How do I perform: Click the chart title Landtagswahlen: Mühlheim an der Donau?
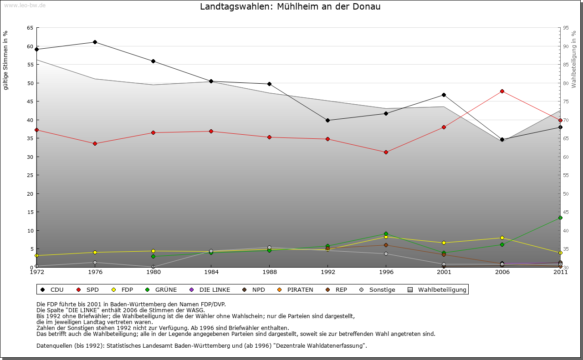290,7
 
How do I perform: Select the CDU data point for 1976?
95,42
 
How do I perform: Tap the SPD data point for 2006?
502,91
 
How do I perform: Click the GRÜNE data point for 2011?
560,218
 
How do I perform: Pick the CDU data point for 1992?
327,120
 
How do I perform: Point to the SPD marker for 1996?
386,152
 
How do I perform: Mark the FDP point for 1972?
36,255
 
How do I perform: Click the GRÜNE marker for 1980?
153,256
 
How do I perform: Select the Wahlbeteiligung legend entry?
438,289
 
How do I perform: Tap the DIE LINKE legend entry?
210,289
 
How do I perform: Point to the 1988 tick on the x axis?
270,272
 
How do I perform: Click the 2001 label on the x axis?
444,272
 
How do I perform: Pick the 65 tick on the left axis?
30,28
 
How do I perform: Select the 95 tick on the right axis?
566,28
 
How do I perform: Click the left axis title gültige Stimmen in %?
6,60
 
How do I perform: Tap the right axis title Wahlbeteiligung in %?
574,59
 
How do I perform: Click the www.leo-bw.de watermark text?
25,5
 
